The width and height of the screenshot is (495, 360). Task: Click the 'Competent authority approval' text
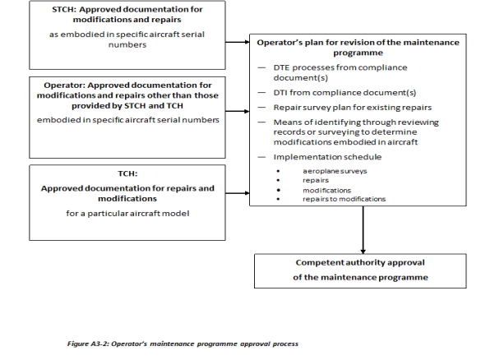pos(363,263)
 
